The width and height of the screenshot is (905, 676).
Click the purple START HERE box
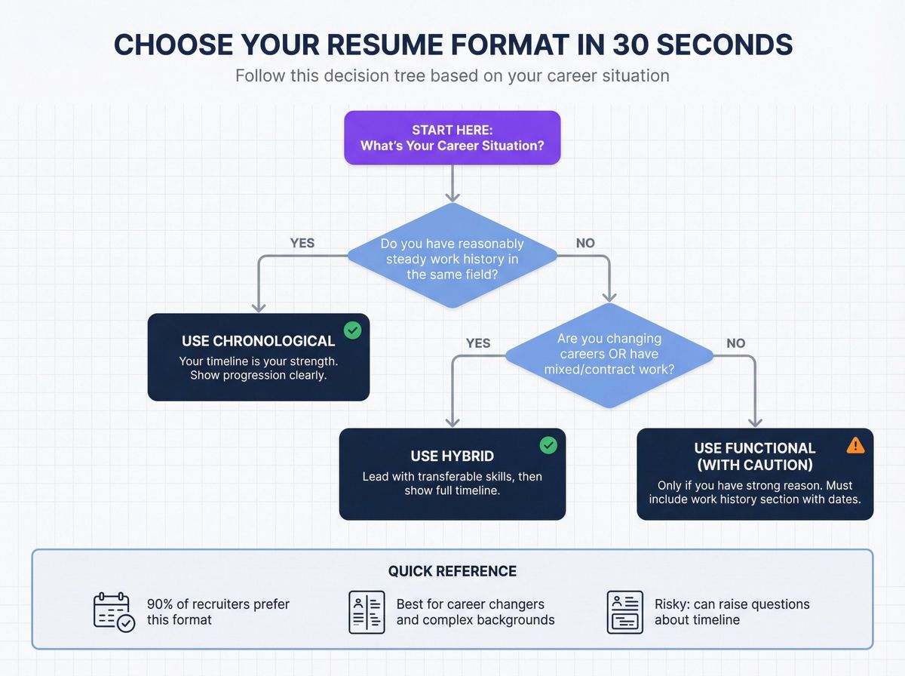pos(452,137)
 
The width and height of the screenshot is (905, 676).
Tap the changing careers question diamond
pos(609,354)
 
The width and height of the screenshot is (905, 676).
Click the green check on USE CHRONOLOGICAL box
pos(352,330)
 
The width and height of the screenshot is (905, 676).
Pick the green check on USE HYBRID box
pos(548,445)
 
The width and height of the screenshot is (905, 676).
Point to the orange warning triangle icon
pos(855,445)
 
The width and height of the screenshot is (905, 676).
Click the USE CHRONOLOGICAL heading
pos(259,341)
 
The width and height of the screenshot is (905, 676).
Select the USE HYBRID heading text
pos(452,456)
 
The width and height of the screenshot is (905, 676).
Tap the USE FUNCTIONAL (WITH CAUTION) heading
pos(755,456)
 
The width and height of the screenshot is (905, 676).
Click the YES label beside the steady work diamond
pos(302,243)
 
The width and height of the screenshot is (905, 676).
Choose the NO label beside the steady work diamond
pos(585,243)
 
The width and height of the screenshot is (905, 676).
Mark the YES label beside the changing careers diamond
pos(478,343)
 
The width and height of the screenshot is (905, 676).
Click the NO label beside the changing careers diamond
pos(736,343)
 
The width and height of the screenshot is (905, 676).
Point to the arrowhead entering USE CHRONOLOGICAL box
pos(259,308)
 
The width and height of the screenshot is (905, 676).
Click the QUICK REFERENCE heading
pos(452,571)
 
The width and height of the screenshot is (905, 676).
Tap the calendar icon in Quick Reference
pos(114,612)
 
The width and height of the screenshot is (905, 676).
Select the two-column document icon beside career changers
pos(367,612)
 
